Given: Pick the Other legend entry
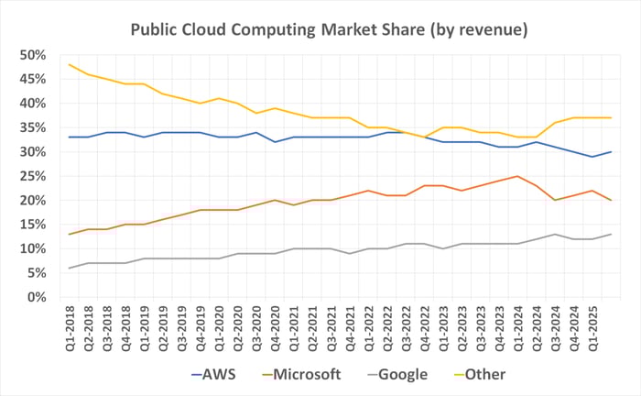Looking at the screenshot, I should coord(483,374).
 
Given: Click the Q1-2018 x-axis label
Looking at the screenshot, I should coord(71,324).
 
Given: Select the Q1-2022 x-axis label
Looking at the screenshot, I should coord(368,324).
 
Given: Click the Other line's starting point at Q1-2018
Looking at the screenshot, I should coord(70,64).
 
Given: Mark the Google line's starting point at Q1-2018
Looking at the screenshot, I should coord(70,268).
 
